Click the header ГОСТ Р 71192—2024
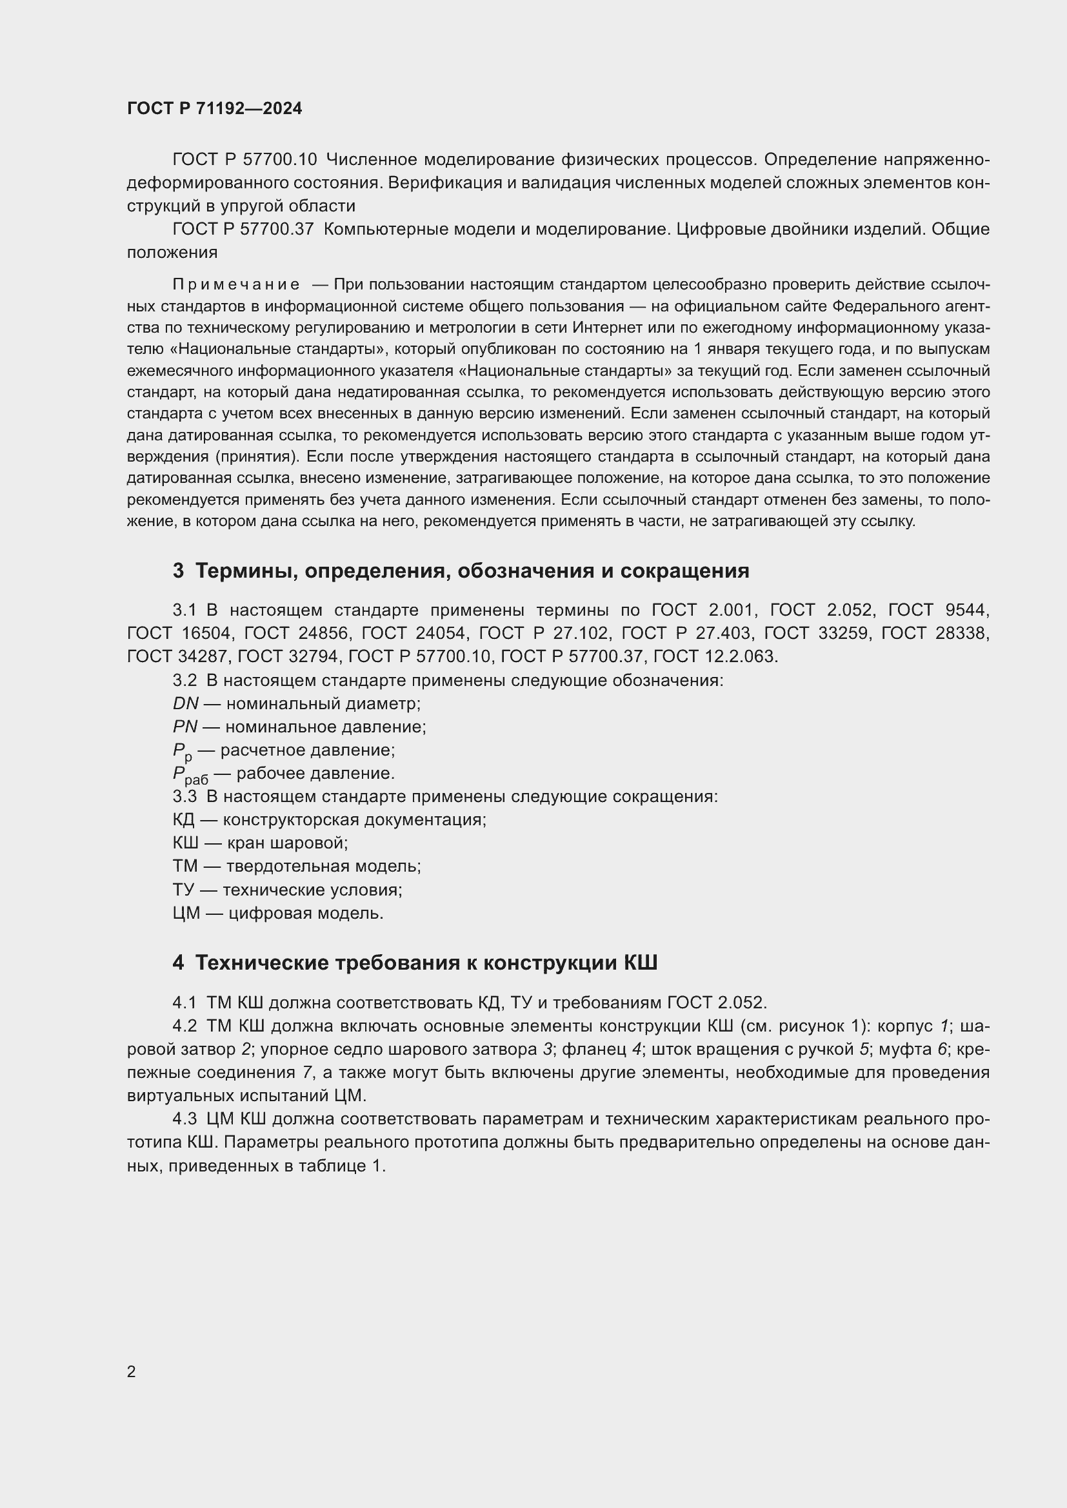click(x=214, y=109)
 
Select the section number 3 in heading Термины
click(x=178, y=571)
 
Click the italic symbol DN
click(x=185, y=703)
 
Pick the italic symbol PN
click(x=184, y=727)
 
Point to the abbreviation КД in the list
click(x=183, y=819)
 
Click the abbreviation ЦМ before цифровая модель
click(x=186, y=913)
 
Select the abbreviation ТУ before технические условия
click(x=183, y=890)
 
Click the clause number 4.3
click(x=184, y=1119)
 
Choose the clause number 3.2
click(x=184, y=680)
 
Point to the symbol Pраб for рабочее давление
click(x=190, y=775)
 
